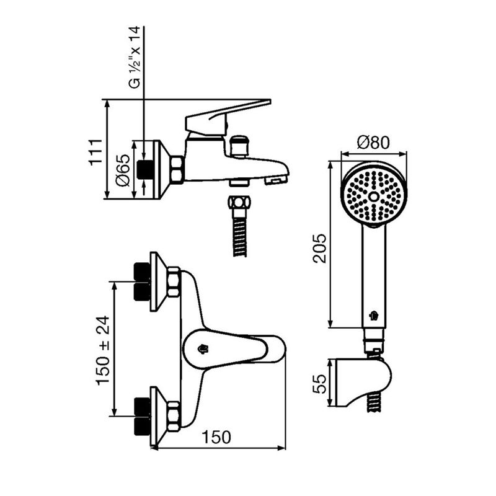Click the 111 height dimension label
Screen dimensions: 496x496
95,151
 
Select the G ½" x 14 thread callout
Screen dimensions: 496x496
135,58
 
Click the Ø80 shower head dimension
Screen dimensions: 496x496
373,143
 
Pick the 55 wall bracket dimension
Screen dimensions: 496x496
319,384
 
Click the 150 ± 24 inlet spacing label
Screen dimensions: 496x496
104,350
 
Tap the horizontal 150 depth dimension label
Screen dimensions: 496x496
216,437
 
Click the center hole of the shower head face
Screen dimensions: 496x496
374,197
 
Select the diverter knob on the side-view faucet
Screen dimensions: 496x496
239,146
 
